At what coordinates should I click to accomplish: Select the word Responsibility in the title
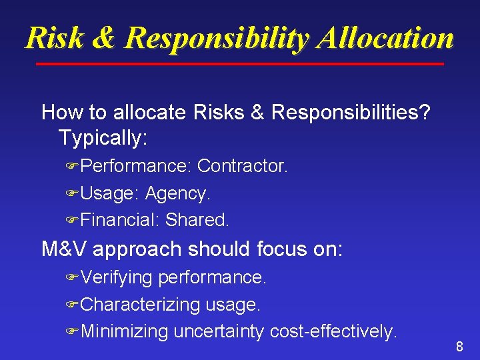217,38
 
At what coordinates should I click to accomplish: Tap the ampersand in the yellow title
103,38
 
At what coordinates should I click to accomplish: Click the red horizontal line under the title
239,64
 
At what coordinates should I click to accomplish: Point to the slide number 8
459,347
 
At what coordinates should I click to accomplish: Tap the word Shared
197,219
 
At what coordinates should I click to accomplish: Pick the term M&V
65,249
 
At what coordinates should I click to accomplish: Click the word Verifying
117,277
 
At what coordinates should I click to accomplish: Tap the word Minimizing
125,331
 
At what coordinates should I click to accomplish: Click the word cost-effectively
333,331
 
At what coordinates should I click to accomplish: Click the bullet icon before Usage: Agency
72,194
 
